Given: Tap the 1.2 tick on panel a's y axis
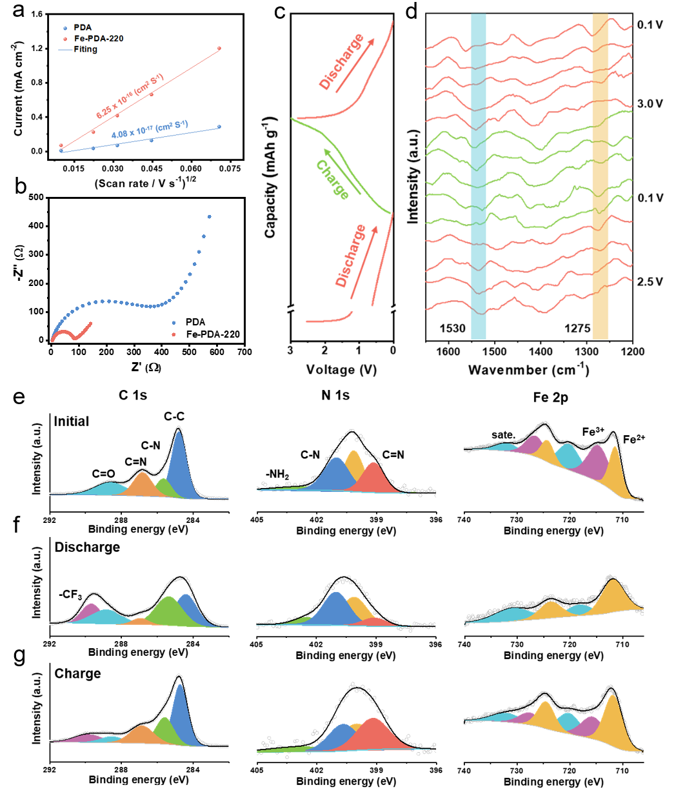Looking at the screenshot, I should point(36,48).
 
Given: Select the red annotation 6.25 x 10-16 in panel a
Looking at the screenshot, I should point(130,96).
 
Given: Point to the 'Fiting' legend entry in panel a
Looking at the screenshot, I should point(85,49).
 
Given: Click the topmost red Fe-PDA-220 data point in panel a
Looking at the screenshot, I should point(219,48).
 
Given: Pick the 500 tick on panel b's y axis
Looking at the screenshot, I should point(36,198).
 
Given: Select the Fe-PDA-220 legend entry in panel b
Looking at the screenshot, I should point(213,334).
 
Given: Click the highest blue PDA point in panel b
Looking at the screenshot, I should point(209,217).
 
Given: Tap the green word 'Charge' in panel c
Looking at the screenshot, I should point(333,179).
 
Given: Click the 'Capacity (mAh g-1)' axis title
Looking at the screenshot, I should point(270,178).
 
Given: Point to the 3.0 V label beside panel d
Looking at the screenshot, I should point(649,104).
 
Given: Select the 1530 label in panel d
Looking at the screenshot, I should point(452,328).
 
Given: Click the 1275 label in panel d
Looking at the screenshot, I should point(577,328).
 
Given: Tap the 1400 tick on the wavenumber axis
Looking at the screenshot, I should point(540,352).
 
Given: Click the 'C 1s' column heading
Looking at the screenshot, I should point(133,395).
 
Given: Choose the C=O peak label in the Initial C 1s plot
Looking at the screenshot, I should point(103,474).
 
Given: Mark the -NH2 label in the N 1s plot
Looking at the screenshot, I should point(277,475).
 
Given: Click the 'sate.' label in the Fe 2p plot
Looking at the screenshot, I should point(503,435).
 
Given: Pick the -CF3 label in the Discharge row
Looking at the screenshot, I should point(70,595).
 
